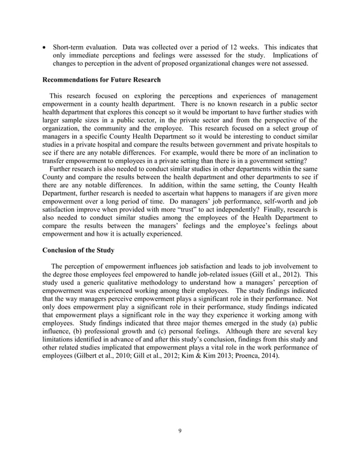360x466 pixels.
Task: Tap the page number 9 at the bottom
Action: (179, 431)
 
